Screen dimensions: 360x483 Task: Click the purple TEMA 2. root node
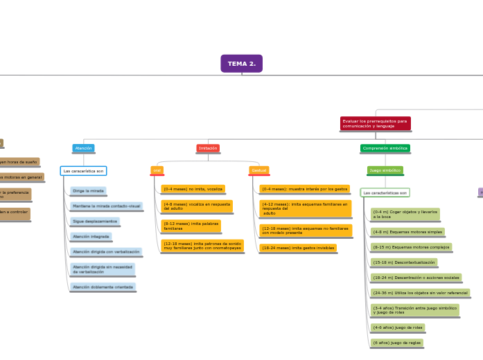[241, 64]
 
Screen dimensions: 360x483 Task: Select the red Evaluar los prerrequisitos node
[376, 123]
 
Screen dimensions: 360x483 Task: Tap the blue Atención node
[83, 148]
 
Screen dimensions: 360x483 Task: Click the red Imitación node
[208, 148]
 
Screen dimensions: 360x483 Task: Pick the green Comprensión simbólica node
[385, 148]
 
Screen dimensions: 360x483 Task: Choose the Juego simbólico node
[385, 170]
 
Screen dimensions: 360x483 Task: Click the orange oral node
[157, 170]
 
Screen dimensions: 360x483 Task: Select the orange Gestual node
[259, 170]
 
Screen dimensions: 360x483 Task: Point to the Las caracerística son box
[83, 170]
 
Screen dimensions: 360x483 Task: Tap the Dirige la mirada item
[88, 190]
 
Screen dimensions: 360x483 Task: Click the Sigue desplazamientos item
[94, 221]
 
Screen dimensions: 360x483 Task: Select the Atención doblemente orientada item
[103, 287]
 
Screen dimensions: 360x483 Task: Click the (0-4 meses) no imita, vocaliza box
[193, 188]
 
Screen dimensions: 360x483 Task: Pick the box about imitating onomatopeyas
[202, 245]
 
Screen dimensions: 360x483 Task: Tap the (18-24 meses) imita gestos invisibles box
[298, 247]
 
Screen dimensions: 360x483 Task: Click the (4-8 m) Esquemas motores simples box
[407, 232]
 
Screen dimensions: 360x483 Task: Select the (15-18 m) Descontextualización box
[403, 262]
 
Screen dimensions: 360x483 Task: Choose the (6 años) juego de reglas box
[396, 343]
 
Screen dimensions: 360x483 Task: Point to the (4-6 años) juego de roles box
[398, 327]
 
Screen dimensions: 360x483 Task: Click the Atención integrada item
[91, 236]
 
